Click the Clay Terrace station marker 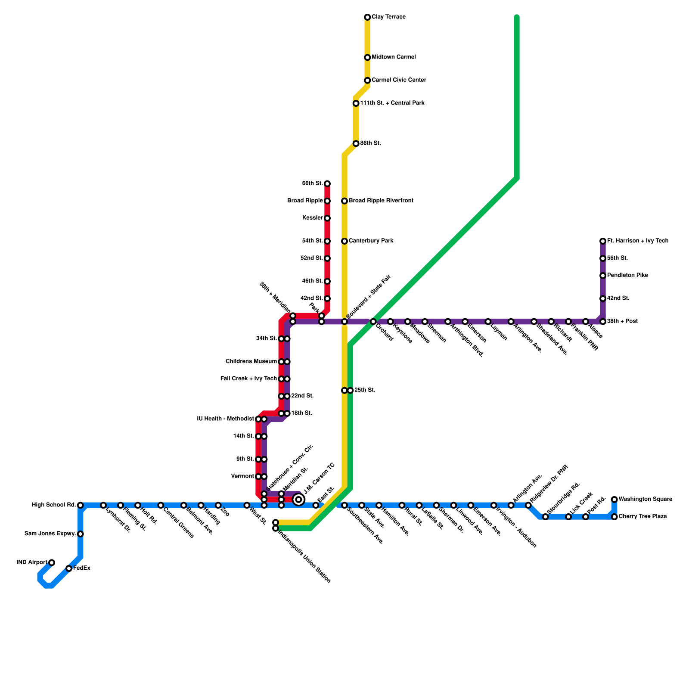(x=367, y=17)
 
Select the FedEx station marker (x=69, y=568)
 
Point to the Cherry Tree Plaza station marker (x=615, y=517)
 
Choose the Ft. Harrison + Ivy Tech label (x=638, y=241)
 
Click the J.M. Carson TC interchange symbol (x=298, y=500)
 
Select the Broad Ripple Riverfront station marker (x=344, y=201)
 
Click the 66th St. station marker (x=327, y=184)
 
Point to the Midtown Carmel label (x=394, y=57)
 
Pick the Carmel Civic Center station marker (x=367, y=81)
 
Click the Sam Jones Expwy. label (x=50, y=534)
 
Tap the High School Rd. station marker (x=81, y=505)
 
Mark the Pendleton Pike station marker (x=603, y=276)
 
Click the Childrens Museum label (x=251, y=361)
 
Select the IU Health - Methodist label (x=225, y=419)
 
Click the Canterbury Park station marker (x=344, y=241)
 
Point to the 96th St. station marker (x=356, y=143)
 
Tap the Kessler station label (x=312, y=218)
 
